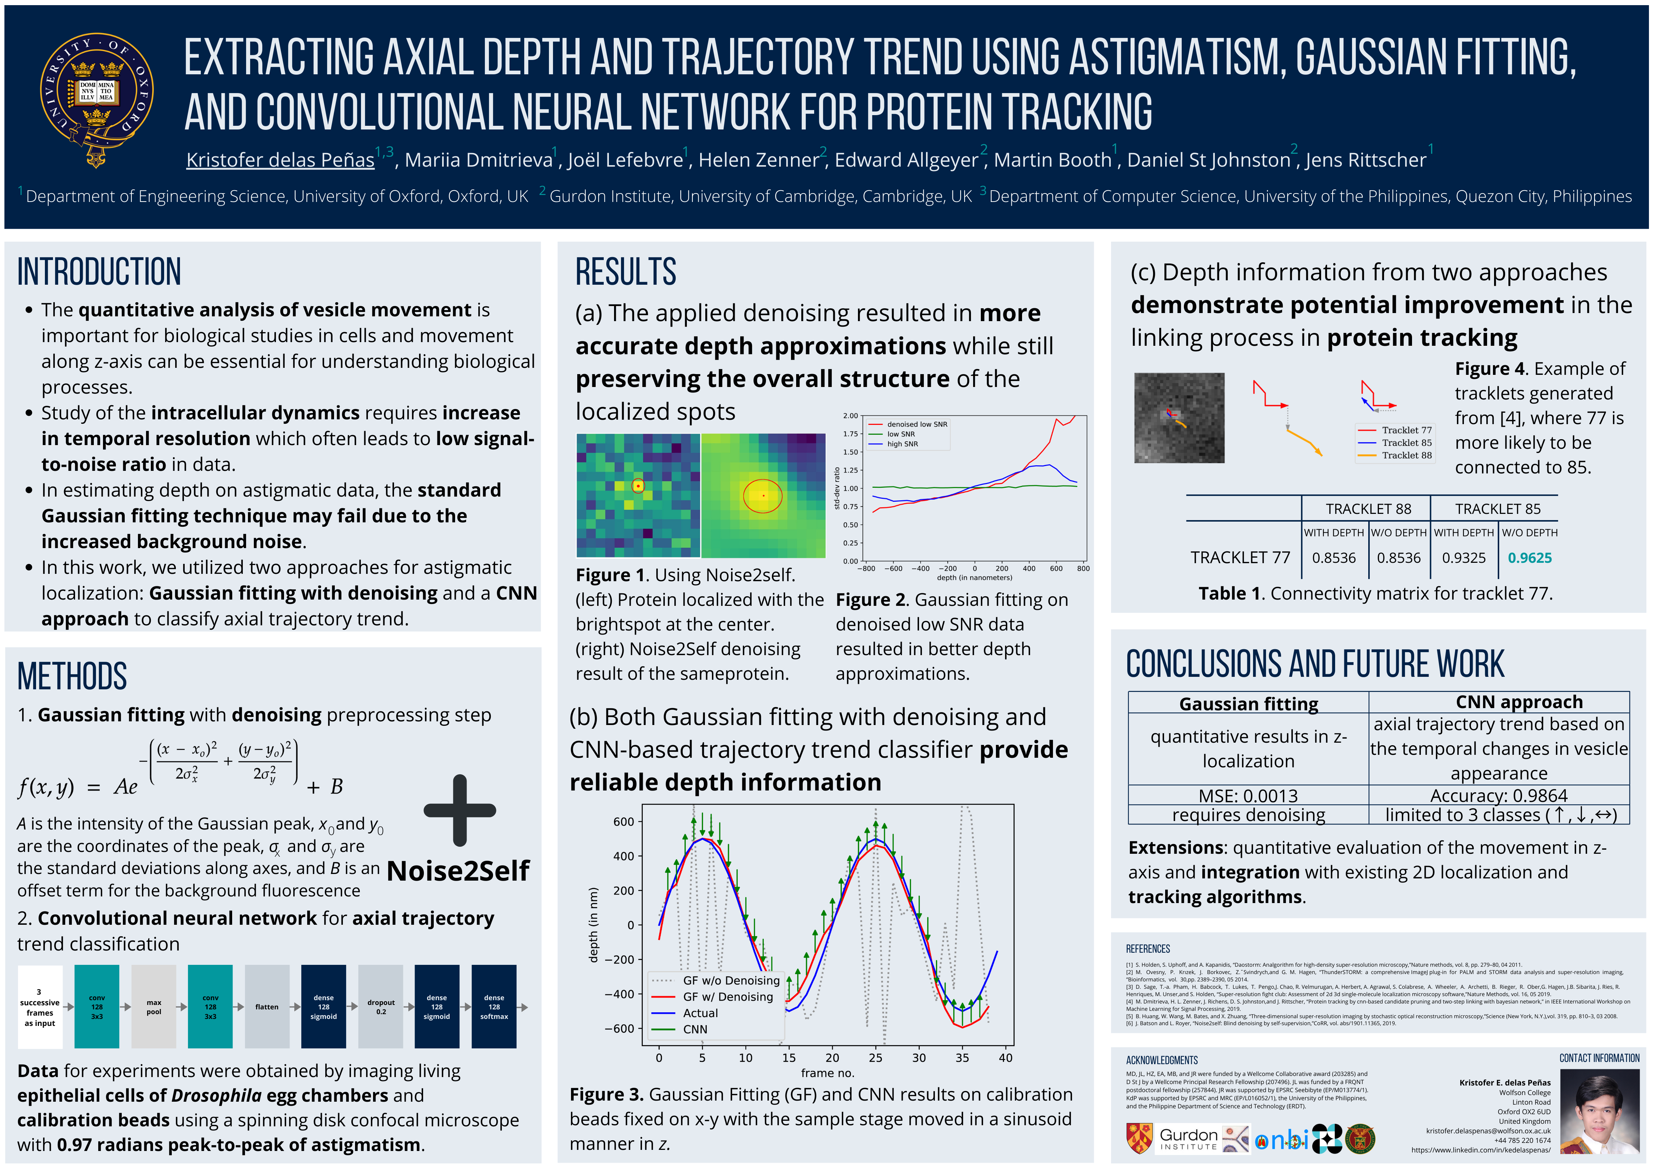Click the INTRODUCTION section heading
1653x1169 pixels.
99,272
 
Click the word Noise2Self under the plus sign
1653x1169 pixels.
458,871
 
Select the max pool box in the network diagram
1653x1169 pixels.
153,1006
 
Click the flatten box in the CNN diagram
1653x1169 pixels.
266,1006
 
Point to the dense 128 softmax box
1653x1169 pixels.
494,1006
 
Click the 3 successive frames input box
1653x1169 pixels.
40,1006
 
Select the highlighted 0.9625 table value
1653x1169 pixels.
1530,558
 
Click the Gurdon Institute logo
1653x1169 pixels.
1188,1138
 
